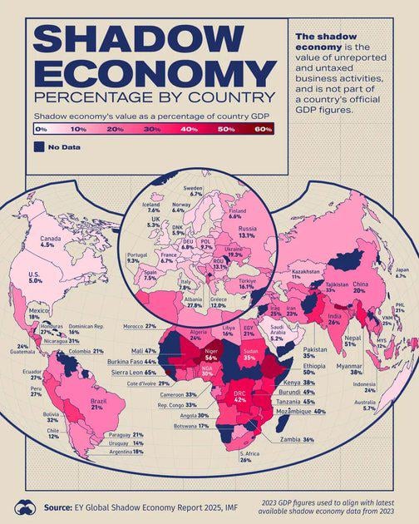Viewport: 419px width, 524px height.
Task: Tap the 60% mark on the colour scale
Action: point(263,131)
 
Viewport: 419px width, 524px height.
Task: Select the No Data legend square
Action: point(39,147)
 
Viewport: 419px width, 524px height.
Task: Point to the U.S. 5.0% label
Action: point(35,279)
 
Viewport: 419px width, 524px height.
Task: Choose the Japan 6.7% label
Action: point(401,296)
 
